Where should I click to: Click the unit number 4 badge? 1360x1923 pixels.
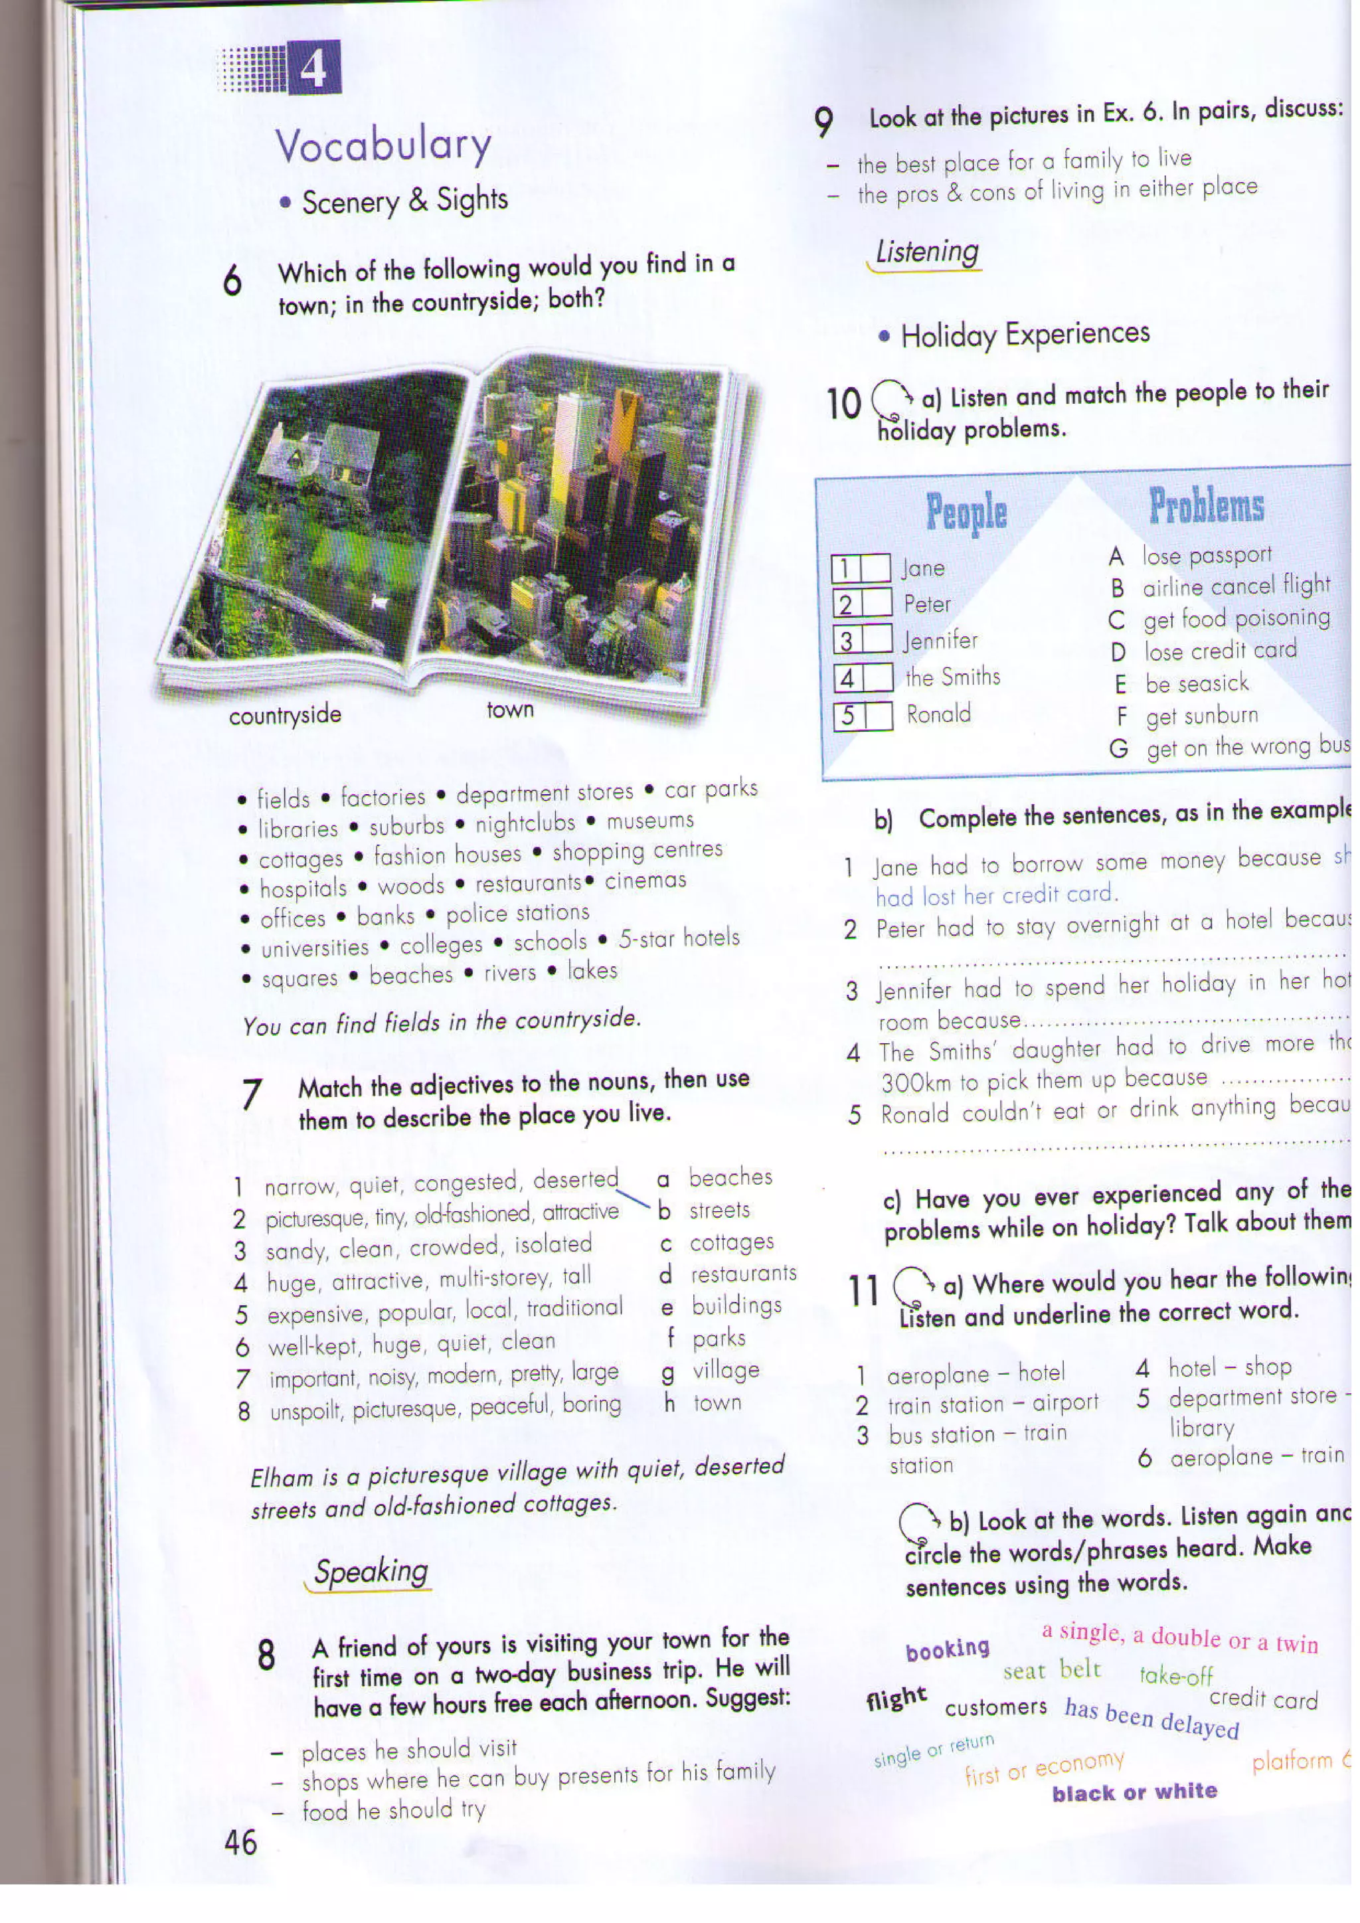click(x=314, y=68)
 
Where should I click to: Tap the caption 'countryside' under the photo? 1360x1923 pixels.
click(x=285, y=715)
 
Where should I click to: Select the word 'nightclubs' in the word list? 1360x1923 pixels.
click(x=525, y=824)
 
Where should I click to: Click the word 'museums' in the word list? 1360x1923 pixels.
click(x=650, y=821)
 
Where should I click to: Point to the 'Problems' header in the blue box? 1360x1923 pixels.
click(x=1206, y=506)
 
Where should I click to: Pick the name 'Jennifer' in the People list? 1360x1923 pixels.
click(x=940, y=641)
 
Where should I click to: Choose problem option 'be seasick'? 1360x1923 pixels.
click(x=1197, y=683)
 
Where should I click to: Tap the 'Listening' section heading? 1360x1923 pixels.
click(x=926, y=251)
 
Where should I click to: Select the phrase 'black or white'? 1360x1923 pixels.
click(x=1135, y=1792)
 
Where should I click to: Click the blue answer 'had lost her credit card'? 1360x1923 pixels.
click(x=995, y=895)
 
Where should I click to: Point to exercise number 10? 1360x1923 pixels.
click(x=843, y=403)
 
